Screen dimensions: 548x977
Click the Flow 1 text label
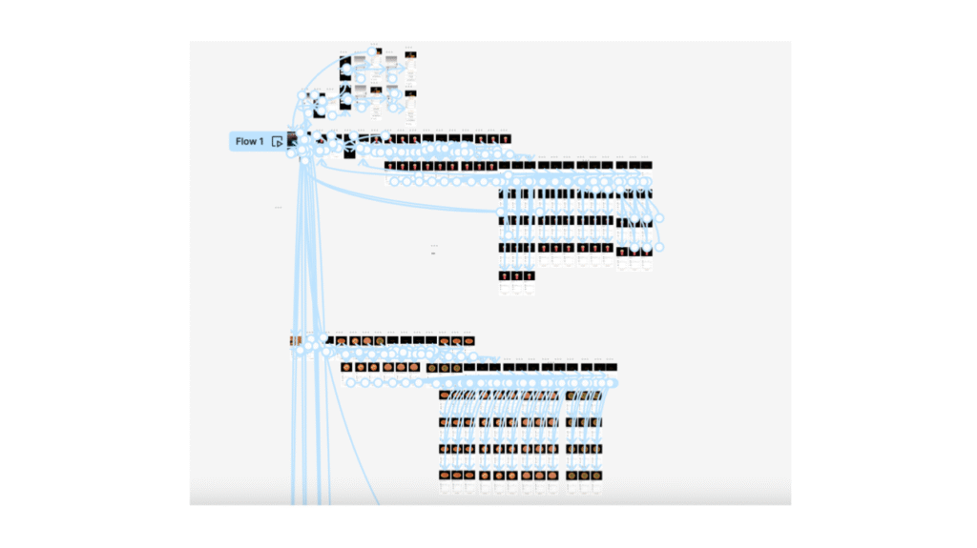point(249,141)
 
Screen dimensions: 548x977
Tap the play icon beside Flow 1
point(277,141)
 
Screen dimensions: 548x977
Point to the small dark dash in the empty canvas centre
point(433,254)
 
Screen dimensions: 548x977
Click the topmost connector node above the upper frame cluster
point(370,51)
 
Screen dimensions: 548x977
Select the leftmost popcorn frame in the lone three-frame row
point(503,275)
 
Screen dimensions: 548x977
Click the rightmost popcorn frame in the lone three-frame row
point(529,275)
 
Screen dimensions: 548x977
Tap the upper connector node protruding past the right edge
point(658,217)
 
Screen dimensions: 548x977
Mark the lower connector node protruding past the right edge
point(658,247)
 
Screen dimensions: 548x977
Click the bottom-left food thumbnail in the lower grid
point(446,475)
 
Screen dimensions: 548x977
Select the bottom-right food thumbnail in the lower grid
point(597,475)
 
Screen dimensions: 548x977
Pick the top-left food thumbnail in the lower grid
point(446,395)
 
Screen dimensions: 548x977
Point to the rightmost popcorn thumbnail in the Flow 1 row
point(506,140)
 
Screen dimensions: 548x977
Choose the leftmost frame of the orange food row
point(296,340)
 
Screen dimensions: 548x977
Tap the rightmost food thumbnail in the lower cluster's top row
point(468,340)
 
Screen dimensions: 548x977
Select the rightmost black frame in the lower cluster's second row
point(611,367)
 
